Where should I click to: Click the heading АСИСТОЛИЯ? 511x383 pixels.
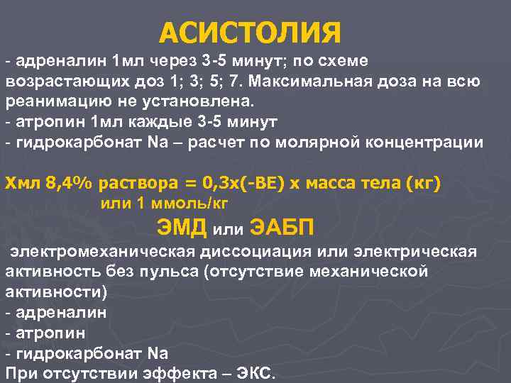251,32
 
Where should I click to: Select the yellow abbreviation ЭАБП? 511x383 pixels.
282,228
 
